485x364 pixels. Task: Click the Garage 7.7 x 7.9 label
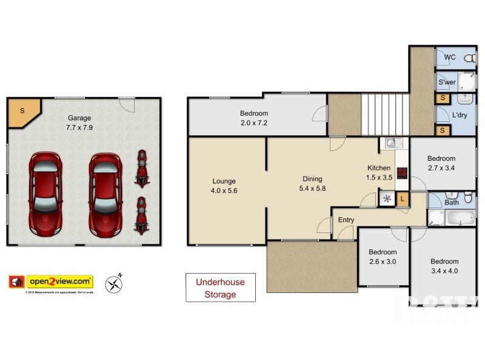pos(79,123)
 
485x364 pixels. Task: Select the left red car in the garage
pos(46,194)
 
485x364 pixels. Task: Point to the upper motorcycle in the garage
pos(142,168)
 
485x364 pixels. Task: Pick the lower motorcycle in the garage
pos(141,215)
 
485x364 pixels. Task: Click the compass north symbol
pos(113,283)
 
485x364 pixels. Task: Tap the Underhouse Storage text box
pos(220,288)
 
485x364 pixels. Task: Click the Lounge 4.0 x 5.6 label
pos(224,186)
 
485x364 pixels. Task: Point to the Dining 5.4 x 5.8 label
pos(312,184)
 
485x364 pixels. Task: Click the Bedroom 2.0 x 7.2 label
pos(253,118)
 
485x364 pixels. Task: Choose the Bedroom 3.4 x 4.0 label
pos(444,266)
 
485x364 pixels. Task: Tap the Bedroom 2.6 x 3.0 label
pos(383,257)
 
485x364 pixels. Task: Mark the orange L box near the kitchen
pos(403,198)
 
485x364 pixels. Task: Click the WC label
pos(450,58)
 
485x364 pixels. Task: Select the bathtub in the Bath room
pos(451,218)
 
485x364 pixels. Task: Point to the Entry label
pos(346,220)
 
